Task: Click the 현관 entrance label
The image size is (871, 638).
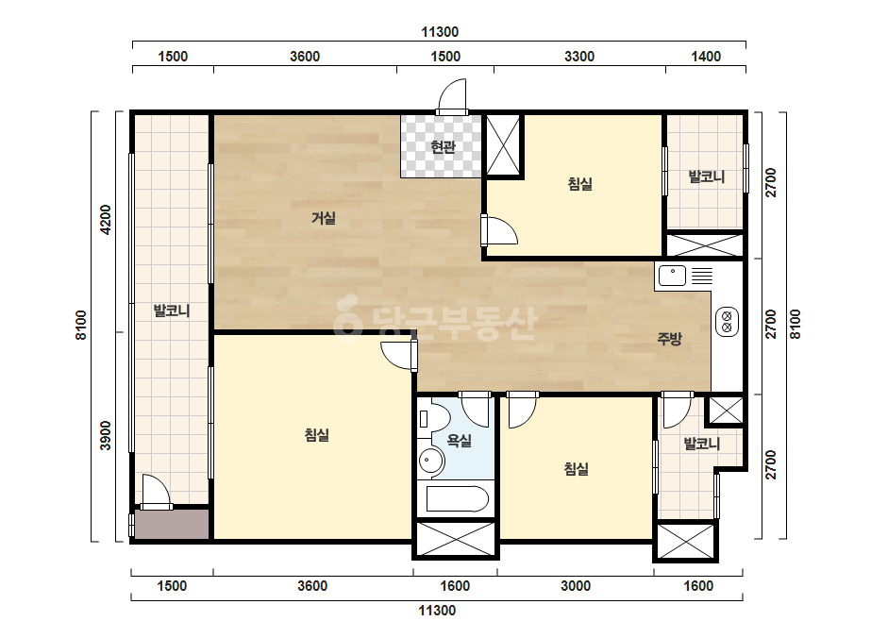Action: pyautogui.click(x=443, y=146)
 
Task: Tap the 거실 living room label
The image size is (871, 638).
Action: pyautogui.click(x=324, y=218)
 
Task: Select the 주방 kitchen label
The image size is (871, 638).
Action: pyautogui.click(x=669, y=339)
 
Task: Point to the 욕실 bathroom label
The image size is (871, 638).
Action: pyautogui.click(x=460, y=441)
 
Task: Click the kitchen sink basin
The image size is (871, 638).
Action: pyautogui.click(x=672, y=276)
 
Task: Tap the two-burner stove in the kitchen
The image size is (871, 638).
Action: pyautogui.click(x=727, y=322)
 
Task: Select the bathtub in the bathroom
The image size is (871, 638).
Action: pyautogui.click(x=457, y=498)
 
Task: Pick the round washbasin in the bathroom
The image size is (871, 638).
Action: pyautogui.click(x=430, y=461)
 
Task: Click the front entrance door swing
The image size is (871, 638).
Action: pyautogui.click(x=452, y=96)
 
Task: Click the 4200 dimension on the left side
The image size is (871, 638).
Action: pyautogui.click(x=105, y=220)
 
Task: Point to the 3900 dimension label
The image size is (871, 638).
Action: pyautogui.click(x=105, y=436)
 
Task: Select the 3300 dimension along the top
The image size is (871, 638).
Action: pyautogui.click(x=579, y=57)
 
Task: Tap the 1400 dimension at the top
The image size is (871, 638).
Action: pyautogui.click(x=706, y=57)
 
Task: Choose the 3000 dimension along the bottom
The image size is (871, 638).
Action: pyautogui.click(x=576, y=586)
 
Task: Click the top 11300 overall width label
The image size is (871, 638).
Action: pyautogui.click(x=440, y=32)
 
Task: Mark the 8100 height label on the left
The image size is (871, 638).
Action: pyautogui.click(x=81, y=325)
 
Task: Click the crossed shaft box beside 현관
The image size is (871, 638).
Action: pyautogui.click(x=503, y=146)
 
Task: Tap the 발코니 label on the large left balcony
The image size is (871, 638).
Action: pyautogui.click(x=172, y=311)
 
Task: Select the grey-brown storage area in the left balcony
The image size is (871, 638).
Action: pyautogui.click(x=172, y=524)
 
